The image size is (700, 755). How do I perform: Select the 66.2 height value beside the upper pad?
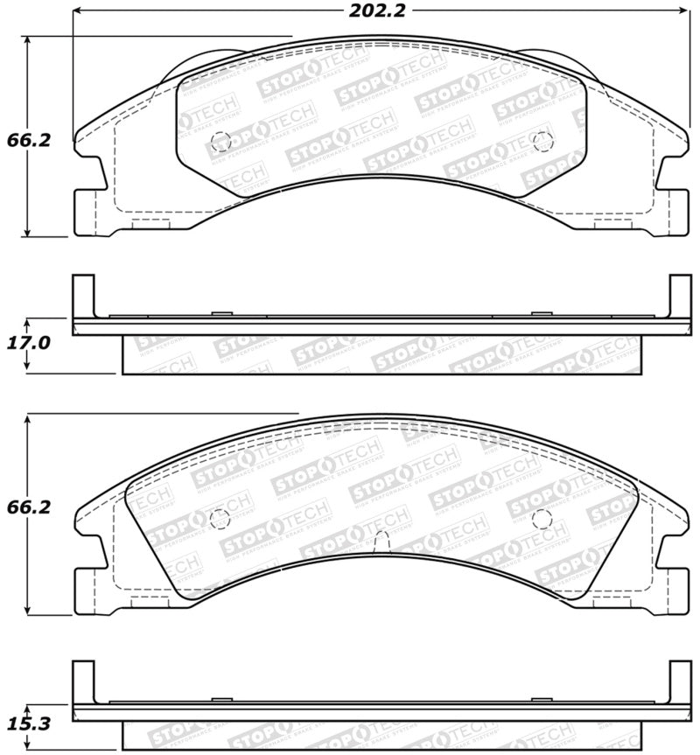click(24, 139)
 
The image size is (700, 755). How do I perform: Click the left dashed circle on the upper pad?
click(220, 140)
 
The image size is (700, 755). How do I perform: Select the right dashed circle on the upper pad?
click(542, 140)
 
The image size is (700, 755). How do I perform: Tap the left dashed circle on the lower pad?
click(220, 518)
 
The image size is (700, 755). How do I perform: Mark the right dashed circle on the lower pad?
click(542, 518)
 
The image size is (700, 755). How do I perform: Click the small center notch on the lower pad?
click(381, 543)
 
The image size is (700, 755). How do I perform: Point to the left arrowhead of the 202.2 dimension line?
click(77, 11)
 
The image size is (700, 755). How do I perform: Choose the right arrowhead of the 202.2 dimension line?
click(684, 11)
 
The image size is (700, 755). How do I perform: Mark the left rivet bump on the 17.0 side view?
click(220, 313)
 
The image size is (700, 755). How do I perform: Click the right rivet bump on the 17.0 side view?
click(541, 313)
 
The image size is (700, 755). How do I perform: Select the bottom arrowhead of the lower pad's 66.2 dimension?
click(30, 609)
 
